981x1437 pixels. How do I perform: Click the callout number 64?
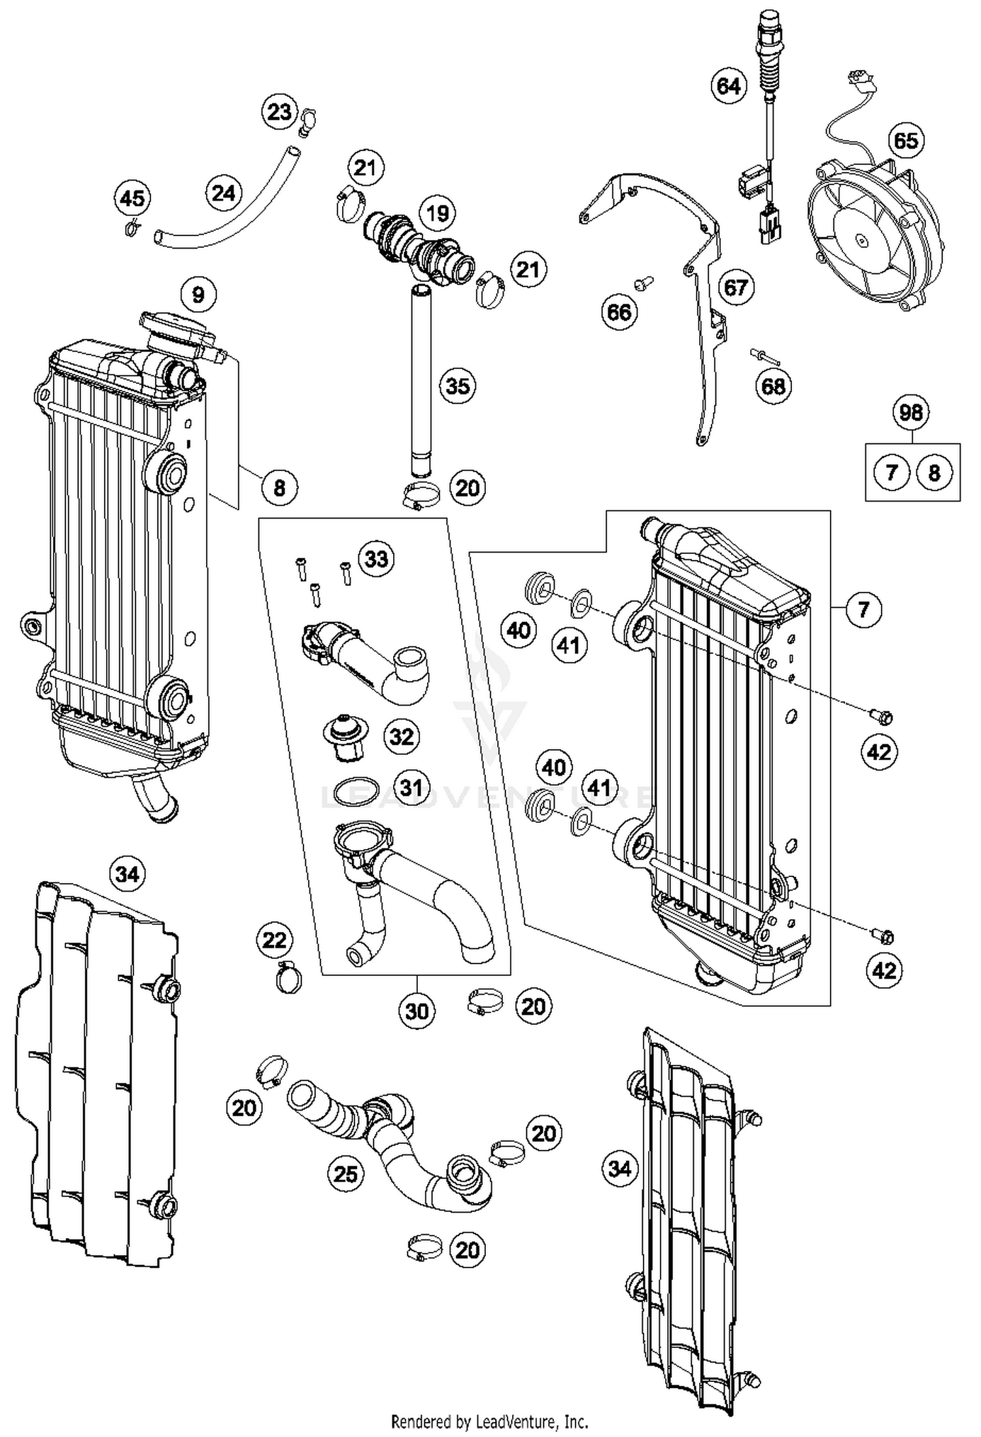pos(728,86)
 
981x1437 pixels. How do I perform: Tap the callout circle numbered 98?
pos(910,412)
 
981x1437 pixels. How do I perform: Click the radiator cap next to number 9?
pos(177,332)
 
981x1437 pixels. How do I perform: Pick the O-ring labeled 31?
pos(356,793)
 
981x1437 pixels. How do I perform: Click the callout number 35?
pos(457,385)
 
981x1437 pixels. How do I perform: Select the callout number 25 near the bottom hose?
pos(345,1174)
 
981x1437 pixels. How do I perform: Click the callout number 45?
pos(132,198)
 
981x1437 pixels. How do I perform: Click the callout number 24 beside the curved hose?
pos(223,193)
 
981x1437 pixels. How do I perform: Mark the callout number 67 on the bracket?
pos(736,287)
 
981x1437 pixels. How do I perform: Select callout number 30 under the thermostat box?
pos(417,1011)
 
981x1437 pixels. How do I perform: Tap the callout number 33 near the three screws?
pos(376,559)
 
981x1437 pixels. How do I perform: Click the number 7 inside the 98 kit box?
pos(891,472)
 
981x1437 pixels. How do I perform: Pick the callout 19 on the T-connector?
pos(437,213)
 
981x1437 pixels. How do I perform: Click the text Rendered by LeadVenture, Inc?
pos(489,1421)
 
